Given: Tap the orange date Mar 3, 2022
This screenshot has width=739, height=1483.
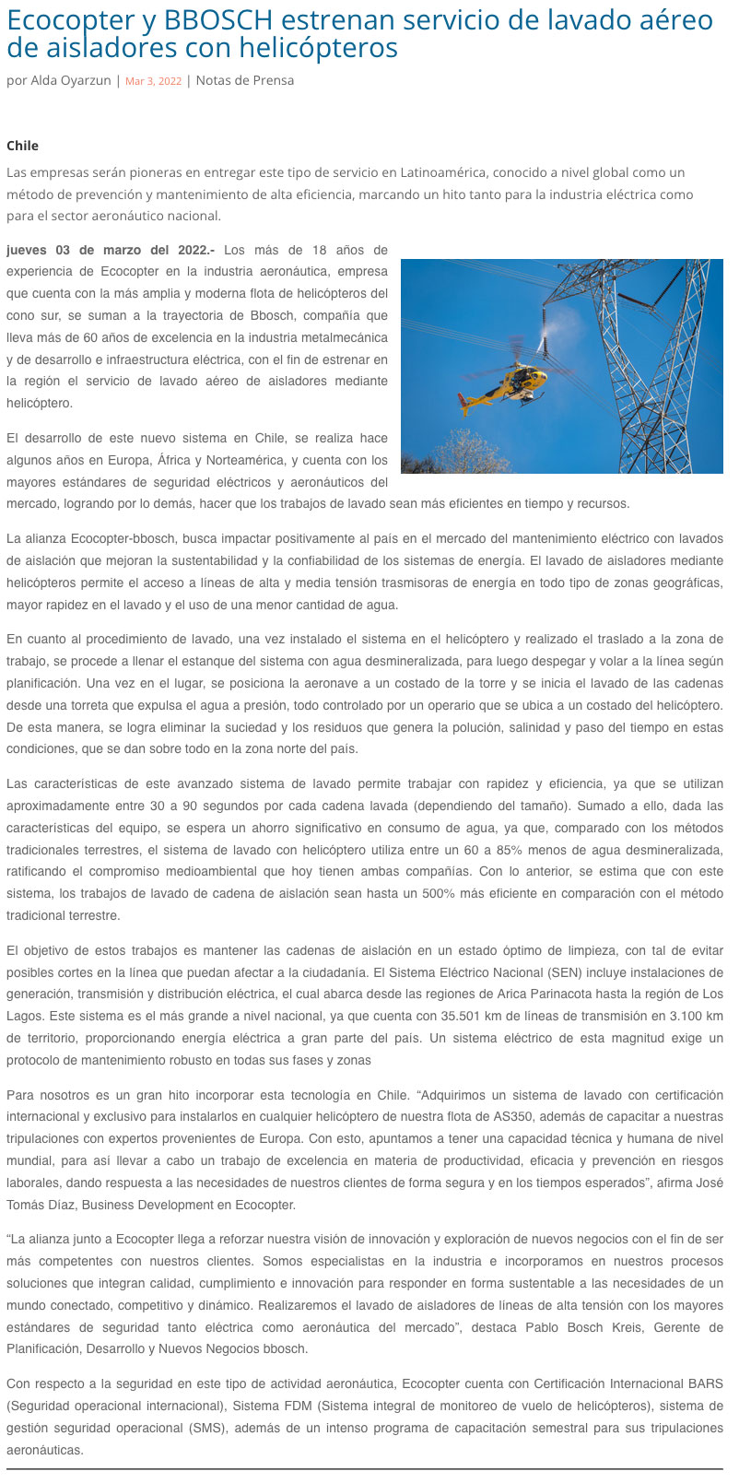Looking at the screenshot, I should tap(153, 82).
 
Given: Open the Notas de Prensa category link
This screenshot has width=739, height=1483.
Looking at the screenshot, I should tap(245, 81).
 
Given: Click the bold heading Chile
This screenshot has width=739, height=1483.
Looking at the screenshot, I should tap(22, 146).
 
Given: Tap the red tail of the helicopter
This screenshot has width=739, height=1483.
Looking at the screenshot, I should tap(464, 400).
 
